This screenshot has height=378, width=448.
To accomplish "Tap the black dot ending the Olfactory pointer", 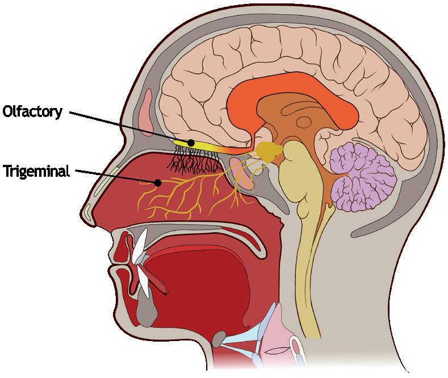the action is (x=192, y=142).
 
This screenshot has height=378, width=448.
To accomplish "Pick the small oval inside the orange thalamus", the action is (x=304, y=121).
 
